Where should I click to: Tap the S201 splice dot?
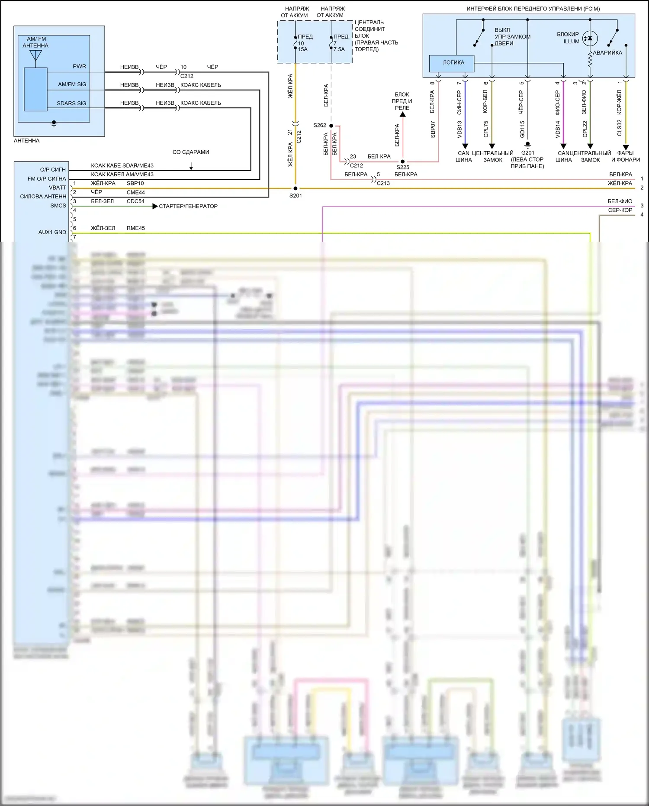pyautogui.click(x=296, y=188)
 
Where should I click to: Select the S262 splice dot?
pyautogui.click(x=331, y=126)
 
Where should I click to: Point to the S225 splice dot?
pyautogui.click(x=403, y=162)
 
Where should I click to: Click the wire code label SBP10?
pyautogui.click(x=135, y=184)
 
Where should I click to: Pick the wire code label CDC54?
pyautogui.click(x=135, y=201)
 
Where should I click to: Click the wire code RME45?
pyautogui.click(x=135, y=228)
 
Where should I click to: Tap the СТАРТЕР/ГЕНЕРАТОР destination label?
pyautogui.click(x=188, y=207)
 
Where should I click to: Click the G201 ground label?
pyautogui.click(x=527, y=153)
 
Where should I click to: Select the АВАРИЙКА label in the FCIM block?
pyautogui.click(x=607, y=53)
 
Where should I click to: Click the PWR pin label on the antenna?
pyautogui.click(x=79, y=67)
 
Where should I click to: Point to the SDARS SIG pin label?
pyautogui.click(x=71, y=104)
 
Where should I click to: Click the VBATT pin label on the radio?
pyautogui.click(x=58, y=188)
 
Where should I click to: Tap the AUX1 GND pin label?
pyautogui.click(x=52, y=233)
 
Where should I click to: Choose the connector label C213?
pyautogui.click(x=383, y=183)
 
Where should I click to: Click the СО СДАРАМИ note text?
pyautogui.click(x=190, y=152)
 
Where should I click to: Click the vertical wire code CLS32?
pyautogui.click(x=620, y=128)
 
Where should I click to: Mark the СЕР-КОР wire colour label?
pyautogui.click(x=620, y=210)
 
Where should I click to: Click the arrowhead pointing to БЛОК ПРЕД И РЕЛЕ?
pyautogui.click(x=402, y=114)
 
